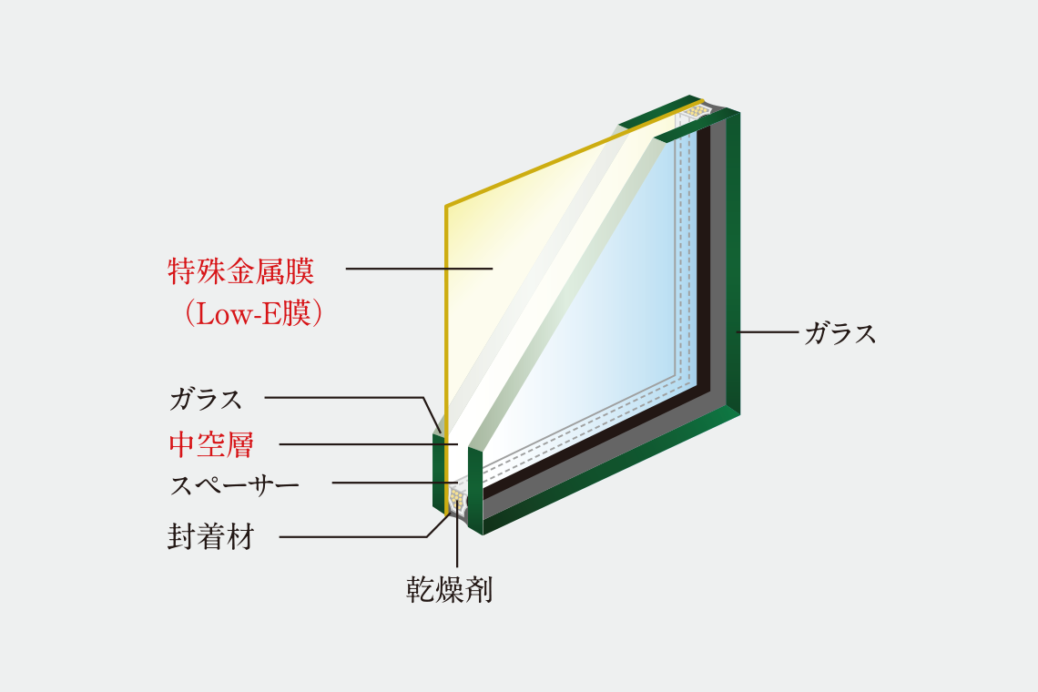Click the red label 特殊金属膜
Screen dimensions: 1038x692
pos(241,270)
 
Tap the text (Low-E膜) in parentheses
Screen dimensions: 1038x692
pos(253,313)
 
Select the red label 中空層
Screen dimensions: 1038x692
pos(211,443)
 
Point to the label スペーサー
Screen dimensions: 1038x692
pos(234,485)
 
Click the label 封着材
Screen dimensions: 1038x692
pos(211,536)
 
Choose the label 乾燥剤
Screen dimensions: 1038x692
pos(450,589)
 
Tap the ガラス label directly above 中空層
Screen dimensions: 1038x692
pos(206,400)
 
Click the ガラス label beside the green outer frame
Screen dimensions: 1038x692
pos(840,333)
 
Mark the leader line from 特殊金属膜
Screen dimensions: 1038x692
pos(419,269)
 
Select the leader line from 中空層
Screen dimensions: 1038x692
pos(369,443)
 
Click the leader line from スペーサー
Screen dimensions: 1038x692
pos(395,483)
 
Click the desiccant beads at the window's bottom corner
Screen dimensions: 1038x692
pos(457,495)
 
